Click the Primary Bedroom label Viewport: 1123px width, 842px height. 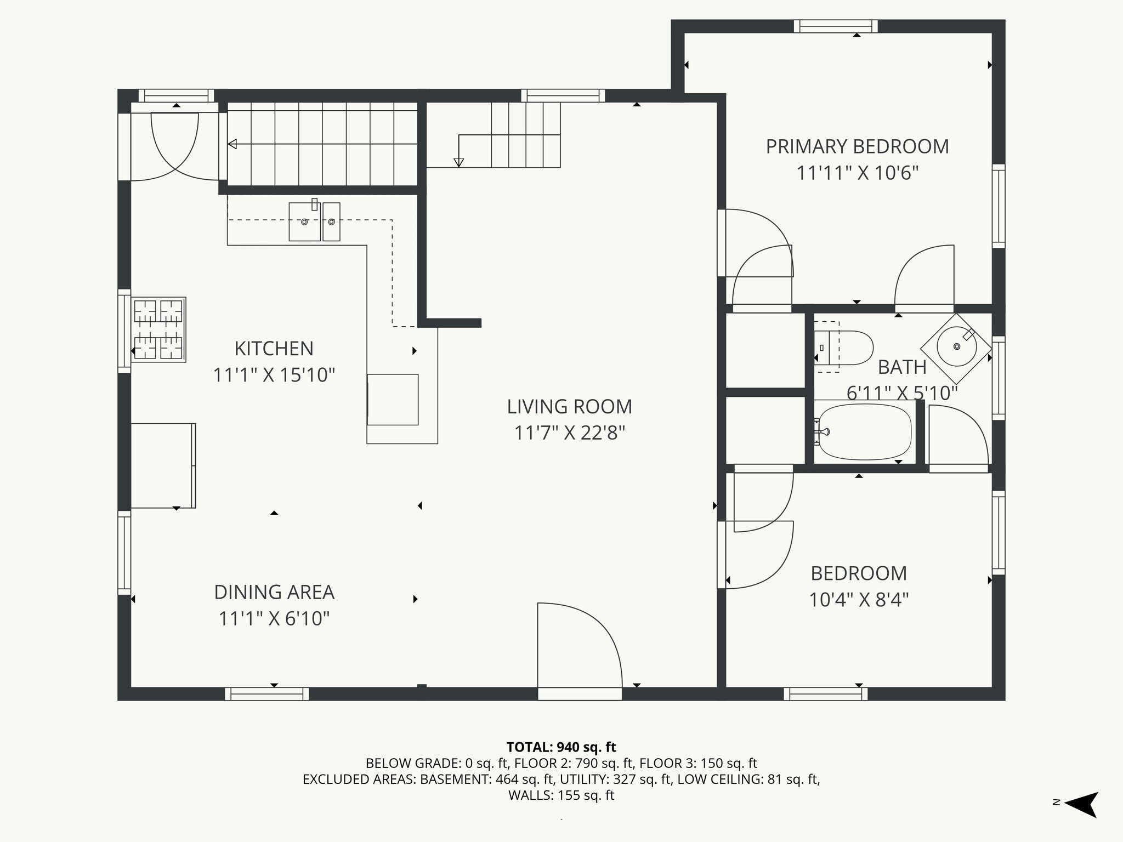857,147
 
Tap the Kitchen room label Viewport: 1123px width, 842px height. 274,349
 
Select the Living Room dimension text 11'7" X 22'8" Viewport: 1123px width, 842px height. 570,433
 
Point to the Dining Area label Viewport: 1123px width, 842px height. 274,592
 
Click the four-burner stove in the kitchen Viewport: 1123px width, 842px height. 158,329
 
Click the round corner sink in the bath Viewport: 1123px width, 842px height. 956,347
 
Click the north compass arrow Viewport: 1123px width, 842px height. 1081,805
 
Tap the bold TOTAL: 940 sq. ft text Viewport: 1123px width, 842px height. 561,747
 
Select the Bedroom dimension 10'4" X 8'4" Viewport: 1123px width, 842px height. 859,600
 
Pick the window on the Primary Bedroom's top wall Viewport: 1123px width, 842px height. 836,26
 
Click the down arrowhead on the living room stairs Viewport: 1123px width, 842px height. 459,163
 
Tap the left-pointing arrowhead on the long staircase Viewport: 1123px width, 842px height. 232,144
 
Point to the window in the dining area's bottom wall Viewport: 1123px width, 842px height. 266,694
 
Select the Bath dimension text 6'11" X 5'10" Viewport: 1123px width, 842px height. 902,392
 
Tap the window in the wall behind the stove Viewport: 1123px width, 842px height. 125,331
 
